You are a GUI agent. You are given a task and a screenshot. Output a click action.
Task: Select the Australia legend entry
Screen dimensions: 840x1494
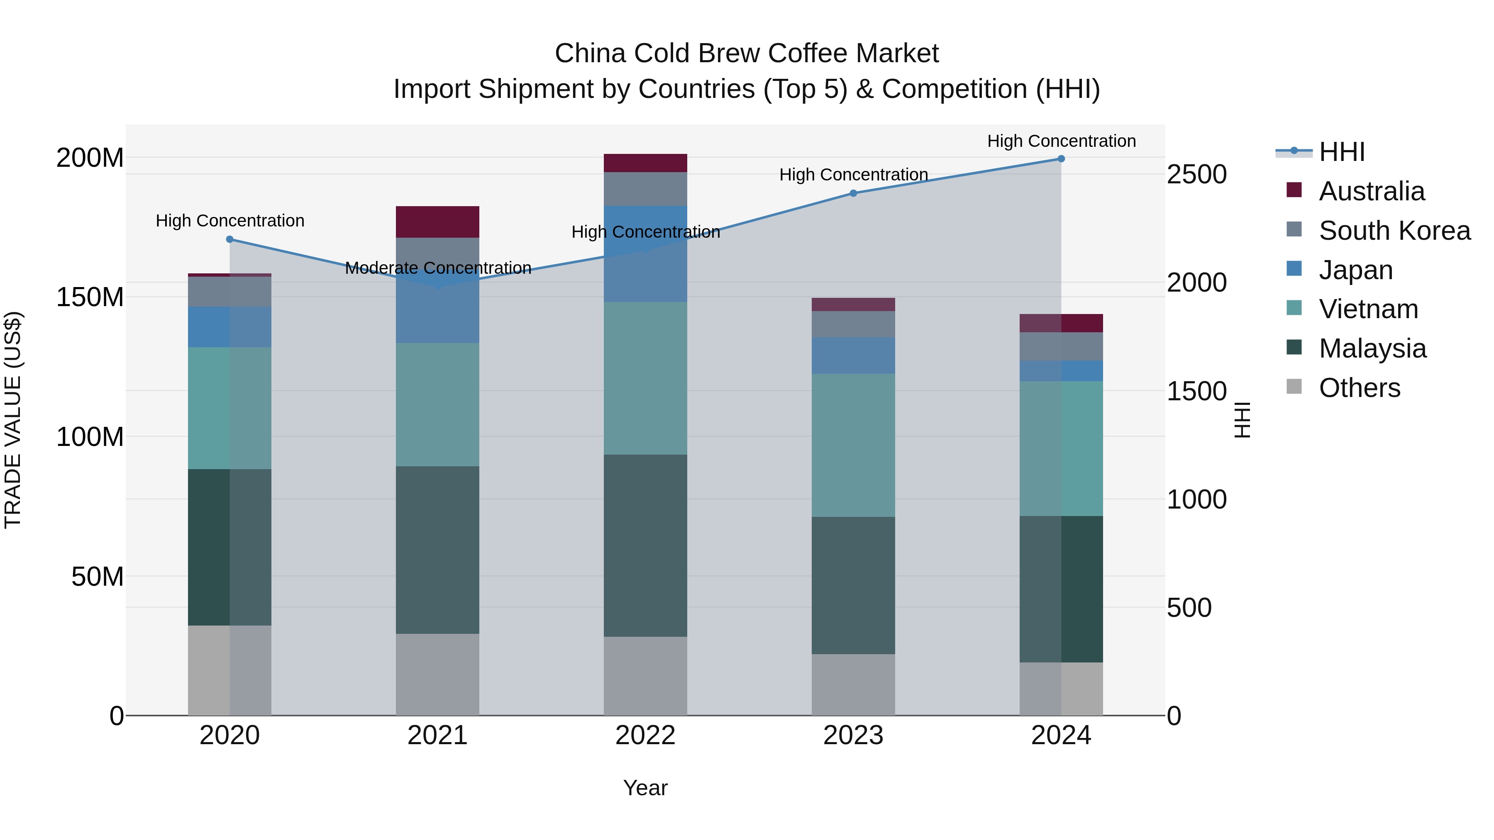1371,191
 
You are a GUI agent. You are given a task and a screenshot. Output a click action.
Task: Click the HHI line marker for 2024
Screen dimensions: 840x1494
1061,159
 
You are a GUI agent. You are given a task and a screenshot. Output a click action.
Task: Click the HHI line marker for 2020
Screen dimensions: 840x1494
229,239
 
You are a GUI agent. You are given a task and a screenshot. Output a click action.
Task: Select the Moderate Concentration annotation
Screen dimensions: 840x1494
438,268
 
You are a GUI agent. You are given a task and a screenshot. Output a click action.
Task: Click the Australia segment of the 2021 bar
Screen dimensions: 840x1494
437,222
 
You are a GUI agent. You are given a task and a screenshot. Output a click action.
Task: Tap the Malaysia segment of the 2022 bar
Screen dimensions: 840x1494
645,545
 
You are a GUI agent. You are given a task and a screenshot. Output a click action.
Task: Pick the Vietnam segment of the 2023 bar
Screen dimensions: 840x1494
853,445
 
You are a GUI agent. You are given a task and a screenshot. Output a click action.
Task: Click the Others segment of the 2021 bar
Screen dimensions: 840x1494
437,675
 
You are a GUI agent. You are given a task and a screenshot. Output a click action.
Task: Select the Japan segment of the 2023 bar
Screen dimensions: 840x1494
853,355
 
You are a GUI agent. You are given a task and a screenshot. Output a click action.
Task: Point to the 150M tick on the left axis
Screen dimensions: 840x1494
90,297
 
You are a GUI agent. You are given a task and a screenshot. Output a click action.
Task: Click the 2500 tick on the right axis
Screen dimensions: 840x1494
1196,175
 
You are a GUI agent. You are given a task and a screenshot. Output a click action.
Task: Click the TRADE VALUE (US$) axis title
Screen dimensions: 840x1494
13,420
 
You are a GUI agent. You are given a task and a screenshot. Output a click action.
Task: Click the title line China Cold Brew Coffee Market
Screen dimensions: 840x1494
747,54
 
